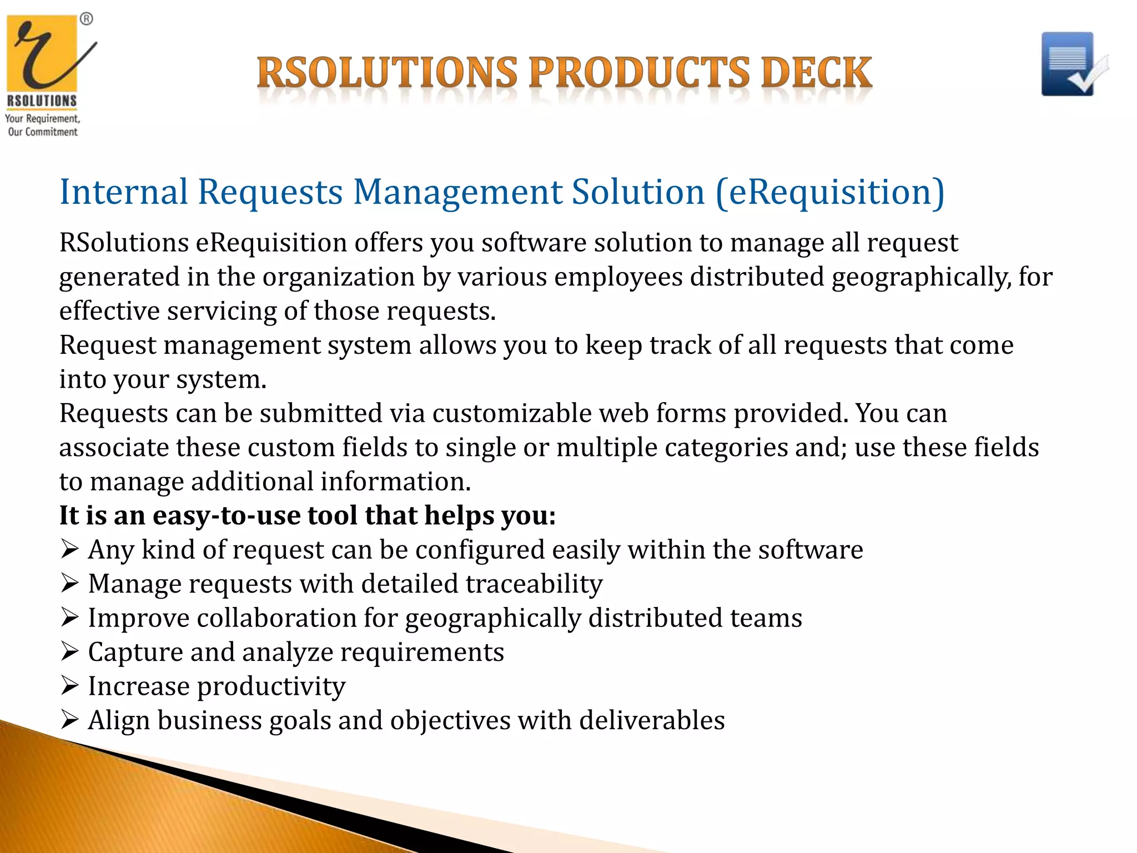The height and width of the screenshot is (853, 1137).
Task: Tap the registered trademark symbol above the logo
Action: [86, 19]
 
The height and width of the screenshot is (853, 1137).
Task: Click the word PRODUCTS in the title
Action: [638, 73]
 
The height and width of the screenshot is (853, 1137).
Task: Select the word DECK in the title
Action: [816, 73]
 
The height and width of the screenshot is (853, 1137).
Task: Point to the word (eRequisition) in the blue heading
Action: [830, 192]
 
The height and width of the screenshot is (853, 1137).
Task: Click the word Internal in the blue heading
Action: [124, 192]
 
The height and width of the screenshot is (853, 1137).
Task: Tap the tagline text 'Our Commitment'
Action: [43, 132]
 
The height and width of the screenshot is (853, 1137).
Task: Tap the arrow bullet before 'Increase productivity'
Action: [69, 686]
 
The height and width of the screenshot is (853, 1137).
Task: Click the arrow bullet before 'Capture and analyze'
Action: [69, 651]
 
